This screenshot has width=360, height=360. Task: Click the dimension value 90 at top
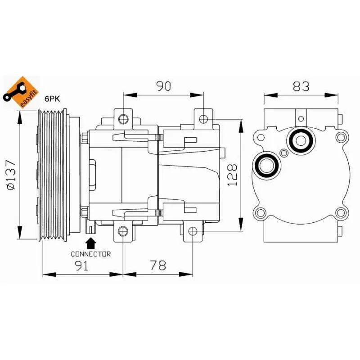coord(164,86)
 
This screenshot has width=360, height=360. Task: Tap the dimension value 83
coord(301,86)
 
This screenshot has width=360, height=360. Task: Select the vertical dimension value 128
coord(232,175)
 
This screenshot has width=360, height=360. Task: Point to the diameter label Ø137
coord(13,175)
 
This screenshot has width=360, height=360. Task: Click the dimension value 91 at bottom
coord(82,265)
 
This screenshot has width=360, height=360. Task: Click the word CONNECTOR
coord(90,254)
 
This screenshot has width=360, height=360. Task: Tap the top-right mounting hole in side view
coord(203,119)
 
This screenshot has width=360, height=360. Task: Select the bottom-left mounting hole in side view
coord(123,231)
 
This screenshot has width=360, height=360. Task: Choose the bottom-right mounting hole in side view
coord(193,231)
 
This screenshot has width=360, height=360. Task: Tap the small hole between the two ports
coord(283,153)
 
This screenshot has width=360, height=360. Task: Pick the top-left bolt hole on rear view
coord(259,136)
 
